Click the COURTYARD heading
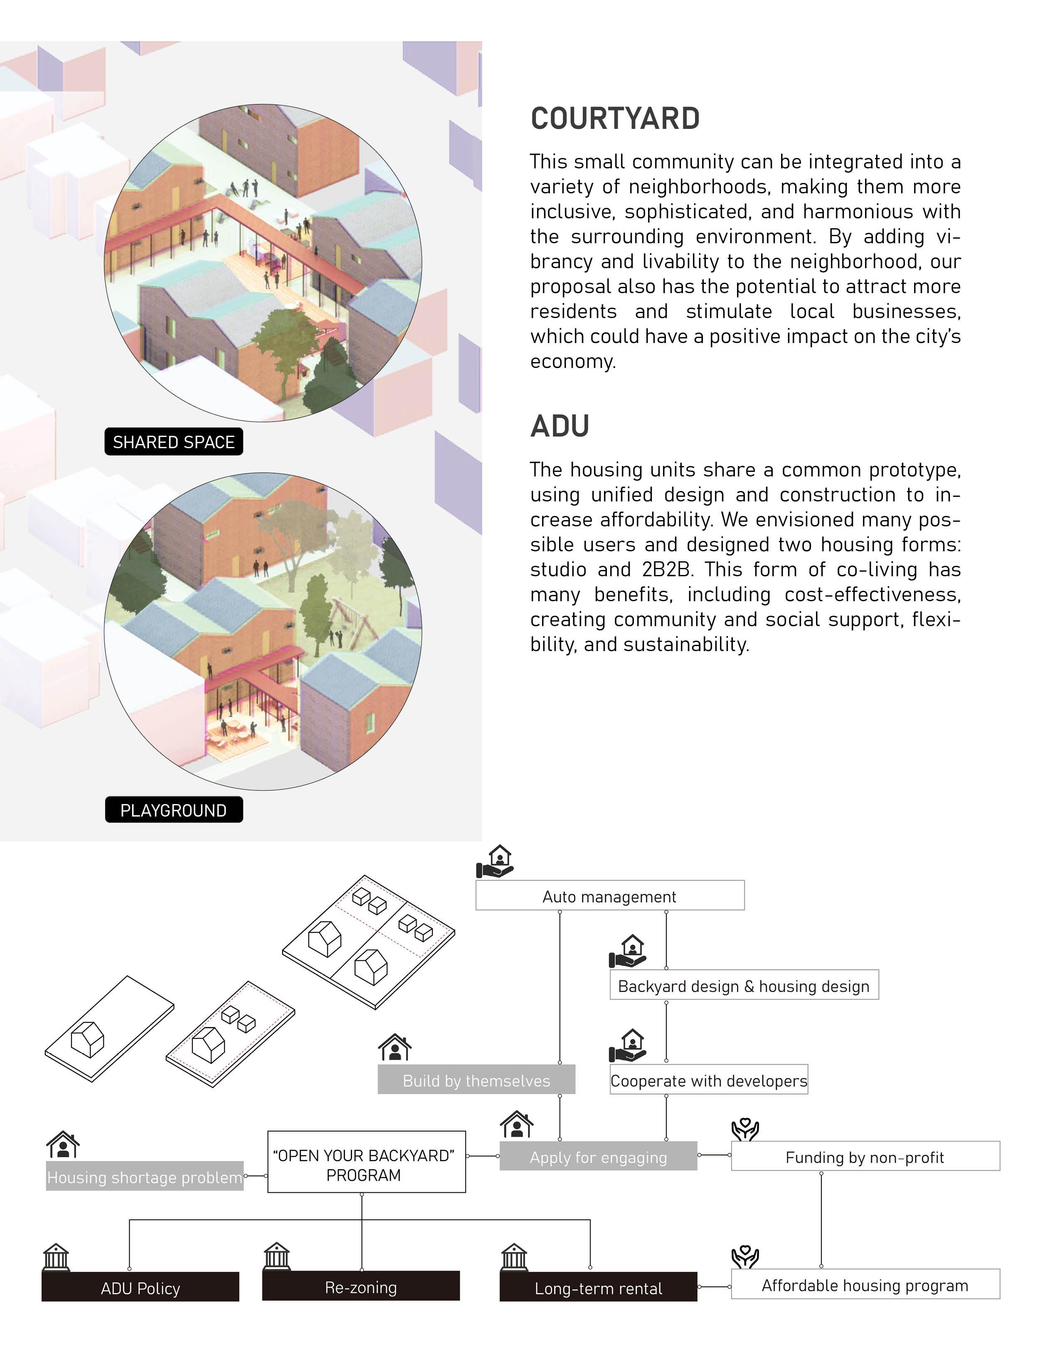pyautogui.click(x=615, y=119)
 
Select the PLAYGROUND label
pyautogui.click(x=173, y=810)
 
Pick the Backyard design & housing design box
pyautogui.click(x=744, y=986)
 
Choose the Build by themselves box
pyautogui.click(x=476, y=1080)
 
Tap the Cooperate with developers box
pyautogui.click(x=708, y=1080)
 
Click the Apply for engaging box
pyautogui.click(x=598, y=1157)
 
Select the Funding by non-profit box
pyautogui.click(x=865, y=1157)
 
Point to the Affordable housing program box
pyautogui.click(x=865, y=1285)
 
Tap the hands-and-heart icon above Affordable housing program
pyautogui.click(x=745, y=1256)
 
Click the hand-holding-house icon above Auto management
pyautogui.click(x=495, y=861)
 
